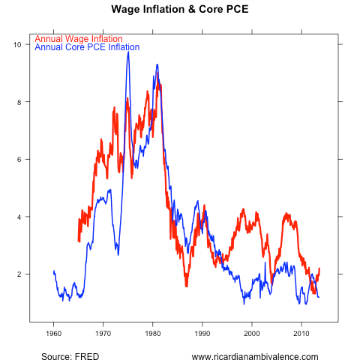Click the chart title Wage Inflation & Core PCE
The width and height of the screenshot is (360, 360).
(x=179, y=10)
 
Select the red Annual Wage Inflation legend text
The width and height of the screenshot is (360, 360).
(x=79, y=38)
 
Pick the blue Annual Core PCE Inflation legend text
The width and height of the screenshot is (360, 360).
(x=87, y=47)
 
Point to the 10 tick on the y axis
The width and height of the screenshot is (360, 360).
(x=16, y=44)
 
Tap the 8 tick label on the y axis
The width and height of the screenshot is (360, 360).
(x=18, y=102)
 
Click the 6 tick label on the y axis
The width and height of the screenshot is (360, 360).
(x=18, y=160)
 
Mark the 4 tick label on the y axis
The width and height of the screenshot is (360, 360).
(x=18, y=217)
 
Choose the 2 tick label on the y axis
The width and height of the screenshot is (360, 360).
(x=18, y=274)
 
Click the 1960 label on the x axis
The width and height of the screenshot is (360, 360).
(x=53, y=332)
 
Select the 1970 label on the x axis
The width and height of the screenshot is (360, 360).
(x=103, y=332)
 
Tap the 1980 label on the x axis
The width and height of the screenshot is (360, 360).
(x=152, y=332)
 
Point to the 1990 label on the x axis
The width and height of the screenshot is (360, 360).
(x=202, y=332)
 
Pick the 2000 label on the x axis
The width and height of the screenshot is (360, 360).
(x=251, y=332)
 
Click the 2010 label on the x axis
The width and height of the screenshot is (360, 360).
(x=301, y=332)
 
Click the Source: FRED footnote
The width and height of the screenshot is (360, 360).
(x=70, y=356)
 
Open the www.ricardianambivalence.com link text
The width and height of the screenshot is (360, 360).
(x=255, y=356)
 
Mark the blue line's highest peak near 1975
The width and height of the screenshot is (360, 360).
(x=128, y=52)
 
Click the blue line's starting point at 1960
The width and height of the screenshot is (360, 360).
(x=54, y=271)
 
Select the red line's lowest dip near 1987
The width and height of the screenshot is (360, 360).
(x=186, y=286)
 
